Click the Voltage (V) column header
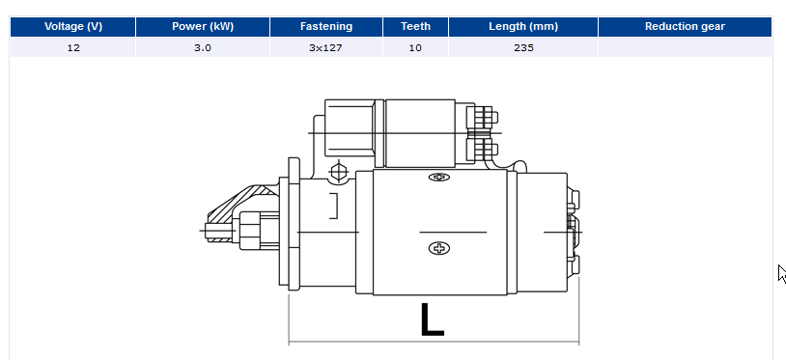coord(73,26)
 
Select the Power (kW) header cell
coord(203,26)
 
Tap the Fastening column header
coord(326,26)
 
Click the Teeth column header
coord(415,26)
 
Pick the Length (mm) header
coord(523,26)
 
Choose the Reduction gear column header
coord(685,26)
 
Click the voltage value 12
coord(73,48)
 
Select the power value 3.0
coord(203,48)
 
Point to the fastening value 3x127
coord(325,48)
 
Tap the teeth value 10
coord(415,48)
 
